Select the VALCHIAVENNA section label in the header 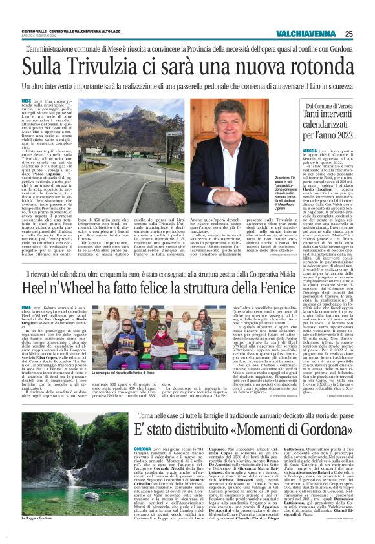308,34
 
